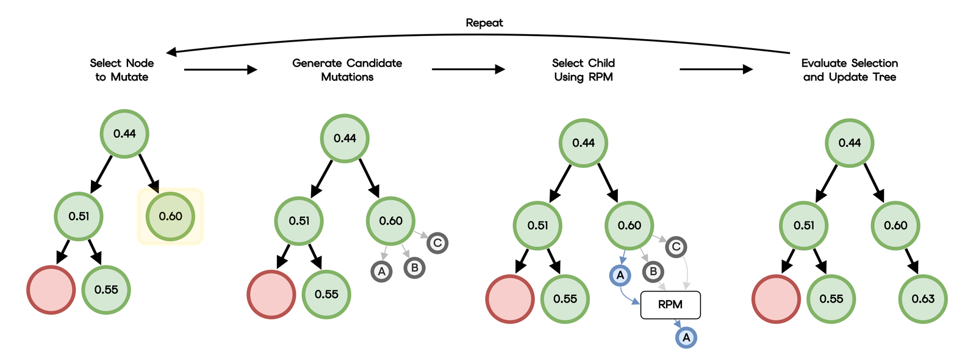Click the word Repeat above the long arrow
pos(484,23)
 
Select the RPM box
pos(670,304)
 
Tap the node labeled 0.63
pos(923,299)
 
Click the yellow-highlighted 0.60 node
pos(170,216)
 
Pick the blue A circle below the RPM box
pos(686,337)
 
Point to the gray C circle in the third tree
pos(676,247)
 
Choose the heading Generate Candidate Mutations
pos(347,70)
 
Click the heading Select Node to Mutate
pos(122,70)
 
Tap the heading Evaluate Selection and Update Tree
pos(850,70)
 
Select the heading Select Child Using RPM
pos(583,70)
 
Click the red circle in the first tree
pos(51,290)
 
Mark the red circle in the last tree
pos(776,299)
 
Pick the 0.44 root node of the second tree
pos(345,139)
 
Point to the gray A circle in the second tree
pos(382,272)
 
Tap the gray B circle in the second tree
pos(414,267)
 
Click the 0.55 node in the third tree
pos(565,299)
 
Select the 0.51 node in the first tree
pos(79,216)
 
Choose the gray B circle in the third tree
pos(653,272)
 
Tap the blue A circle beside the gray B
pos(620,275)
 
